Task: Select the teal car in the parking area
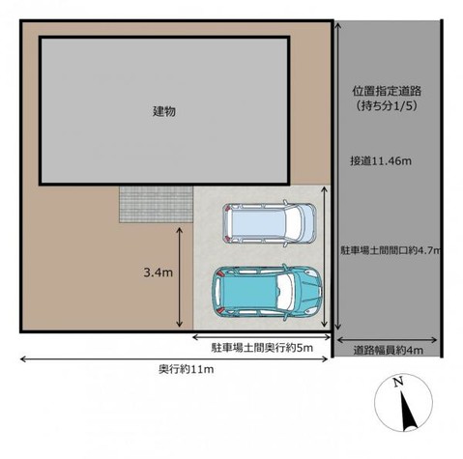(x=267, y=291)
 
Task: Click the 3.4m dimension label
(x=156, y=274)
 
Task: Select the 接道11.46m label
(x=381, y=160)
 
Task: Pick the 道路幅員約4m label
(x=387, y=350)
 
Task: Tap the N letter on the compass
(x=397, y=384)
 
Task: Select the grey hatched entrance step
(x=155, y=203)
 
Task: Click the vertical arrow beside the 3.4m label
(x=182, y=275)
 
